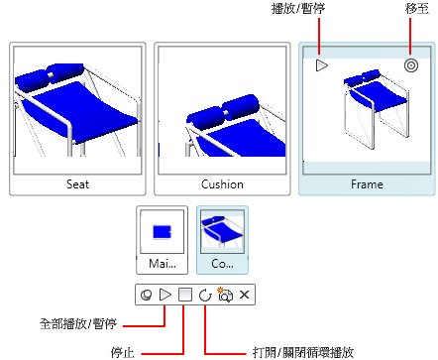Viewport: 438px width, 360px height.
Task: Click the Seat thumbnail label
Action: (77, 184)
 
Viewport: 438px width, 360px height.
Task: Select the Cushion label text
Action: (222, 184)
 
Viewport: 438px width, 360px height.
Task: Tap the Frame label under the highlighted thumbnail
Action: (367, 184)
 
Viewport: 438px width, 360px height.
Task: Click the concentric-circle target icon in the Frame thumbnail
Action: (411, 65)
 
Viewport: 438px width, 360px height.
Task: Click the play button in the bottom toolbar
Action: (165, 295)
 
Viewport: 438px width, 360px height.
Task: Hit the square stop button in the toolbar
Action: (185, 295)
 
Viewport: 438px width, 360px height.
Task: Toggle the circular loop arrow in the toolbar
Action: (205, 295)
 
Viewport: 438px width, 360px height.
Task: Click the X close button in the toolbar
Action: (244, 295)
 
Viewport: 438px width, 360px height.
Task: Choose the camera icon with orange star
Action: (225, 295)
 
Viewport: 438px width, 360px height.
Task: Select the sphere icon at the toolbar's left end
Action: (146, 295)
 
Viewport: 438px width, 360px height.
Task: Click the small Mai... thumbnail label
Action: (163, 264)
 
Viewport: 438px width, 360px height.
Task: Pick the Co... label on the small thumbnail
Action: (222, 264)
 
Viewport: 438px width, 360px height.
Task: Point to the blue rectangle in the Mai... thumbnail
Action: (162, 232)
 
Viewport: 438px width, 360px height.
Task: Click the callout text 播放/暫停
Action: (298, 9)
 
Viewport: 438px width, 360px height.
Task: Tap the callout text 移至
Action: (417, 9)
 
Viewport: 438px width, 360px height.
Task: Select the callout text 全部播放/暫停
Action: (78, 323)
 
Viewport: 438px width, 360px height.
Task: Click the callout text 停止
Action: (123, 353)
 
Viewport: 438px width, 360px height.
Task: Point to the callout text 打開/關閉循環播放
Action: (303, 353)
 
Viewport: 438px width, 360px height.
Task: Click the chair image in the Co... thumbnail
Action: (222, 231)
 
